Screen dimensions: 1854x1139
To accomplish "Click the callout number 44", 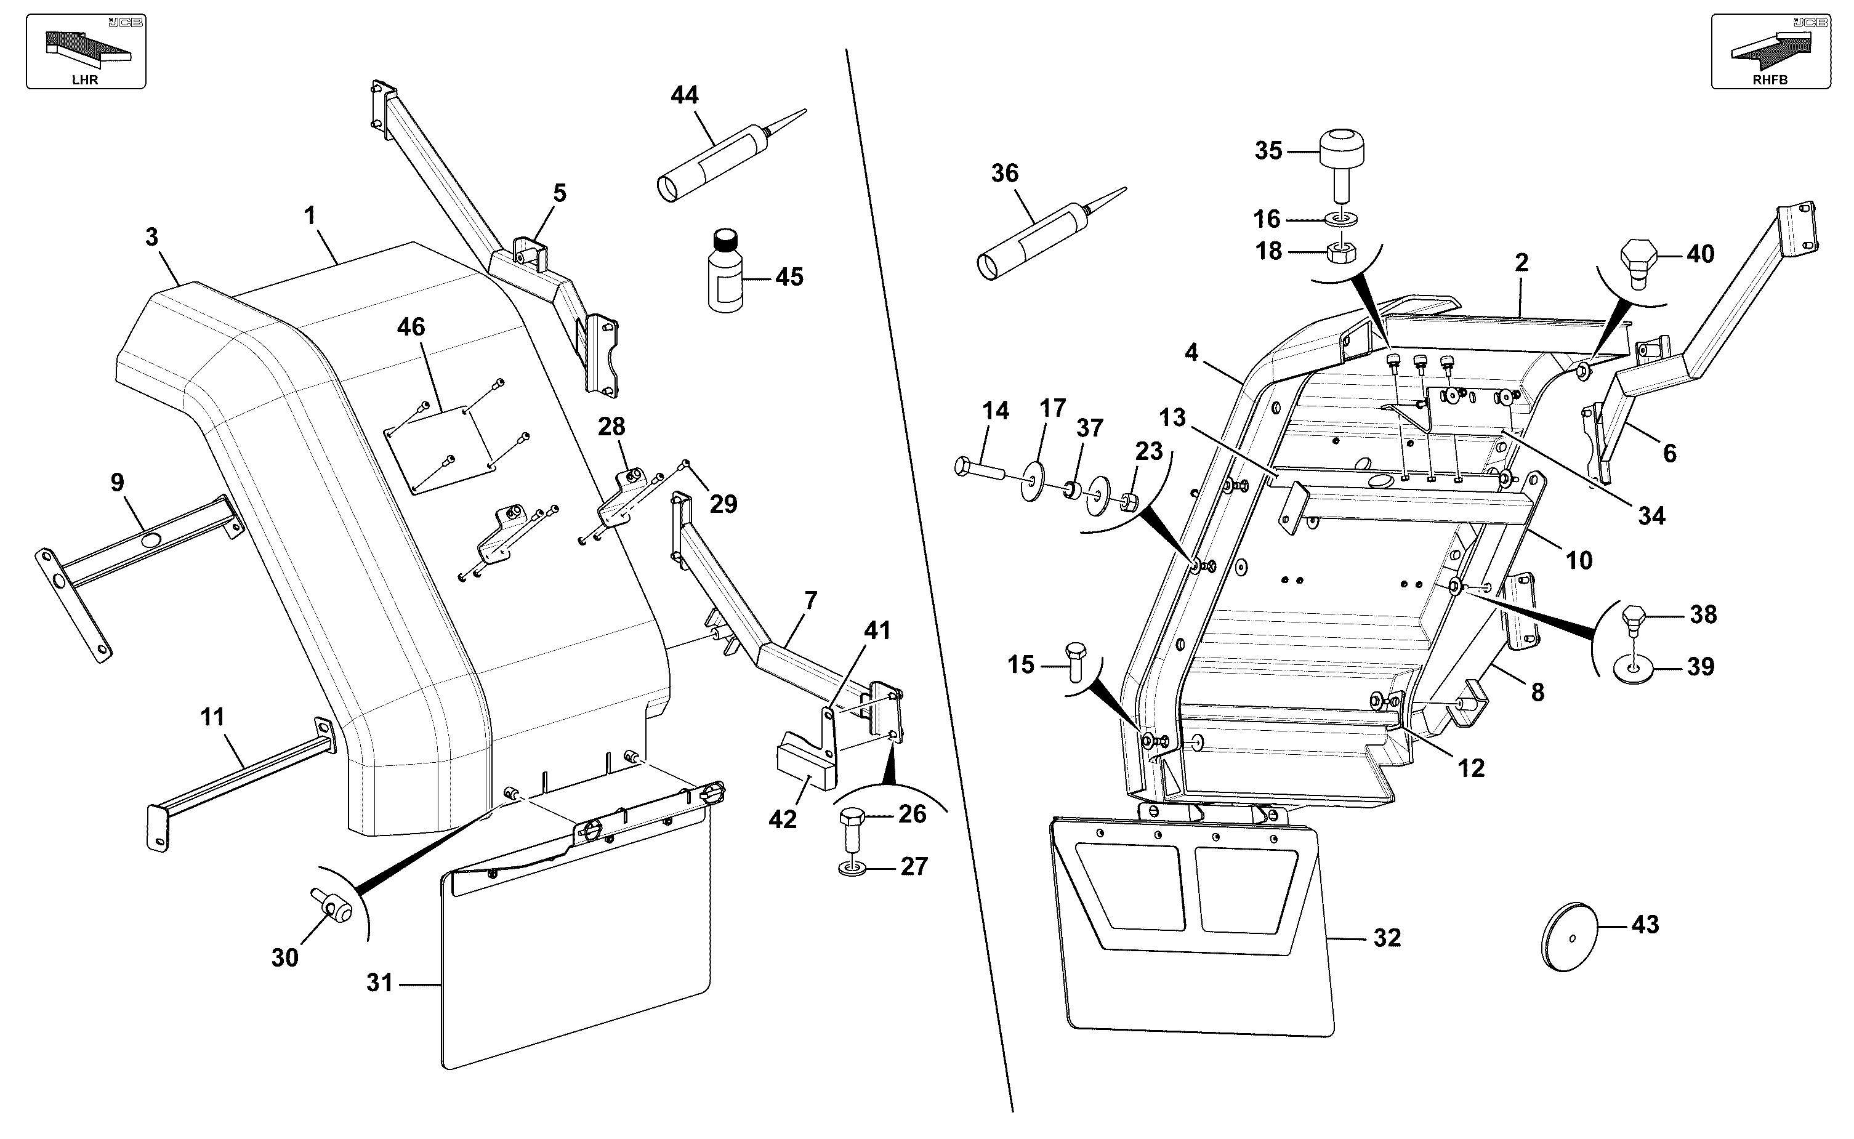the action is (684, 95).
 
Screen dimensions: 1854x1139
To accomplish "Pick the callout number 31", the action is (380, 983).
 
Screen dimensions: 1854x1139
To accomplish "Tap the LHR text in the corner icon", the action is (85, 80).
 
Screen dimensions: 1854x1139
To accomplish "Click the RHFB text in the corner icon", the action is (1770, 80).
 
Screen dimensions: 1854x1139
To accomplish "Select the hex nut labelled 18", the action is (1340, 252).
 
